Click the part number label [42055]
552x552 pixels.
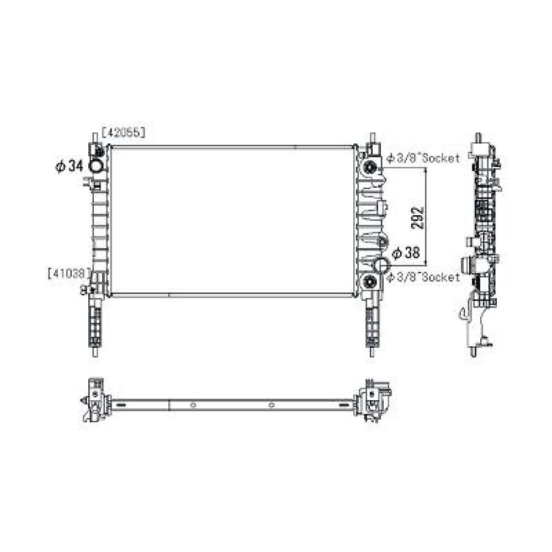[x=122, y=132]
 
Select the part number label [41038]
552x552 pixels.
[x=69, y=272]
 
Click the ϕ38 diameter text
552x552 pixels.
[x=406, y=252]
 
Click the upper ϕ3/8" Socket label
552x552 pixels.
[x=423, y=158]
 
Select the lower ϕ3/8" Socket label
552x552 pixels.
[x=423, y=277]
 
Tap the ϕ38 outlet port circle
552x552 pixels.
[x=381, y=264]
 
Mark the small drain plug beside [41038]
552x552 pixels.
[x=86, y=289]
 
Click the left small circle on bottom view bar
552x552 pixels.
[x=193, y=405]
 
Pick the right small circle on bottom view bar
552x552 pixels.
[x=271, y=405]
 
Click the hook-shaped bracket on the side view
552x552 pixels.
[x=462, y=315]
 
